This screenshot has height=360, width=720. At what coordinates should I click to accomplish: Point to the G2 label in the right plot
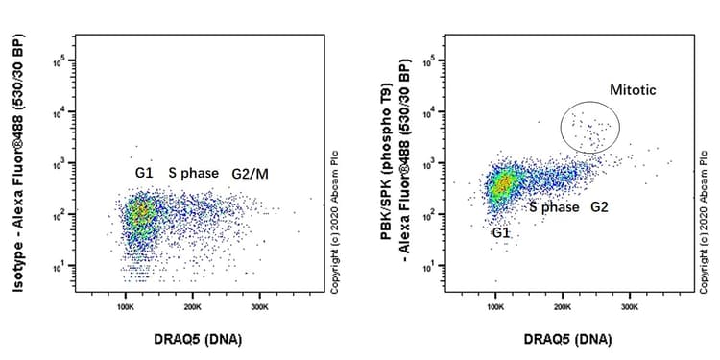pos(599,206)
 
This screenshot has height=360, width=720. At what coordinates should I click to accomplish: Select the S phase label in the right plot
pos(551,206)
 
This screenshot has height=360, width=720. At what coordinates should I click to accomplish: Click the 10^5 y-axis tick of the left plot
pos(59,60)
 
